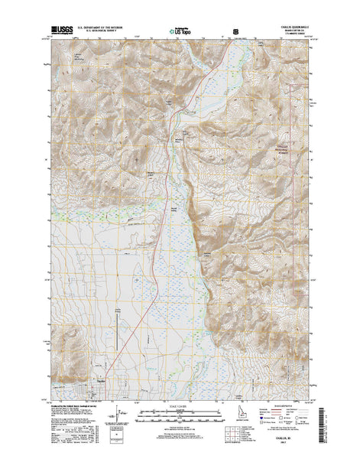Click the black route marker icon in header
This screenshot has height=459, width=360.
235,32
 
